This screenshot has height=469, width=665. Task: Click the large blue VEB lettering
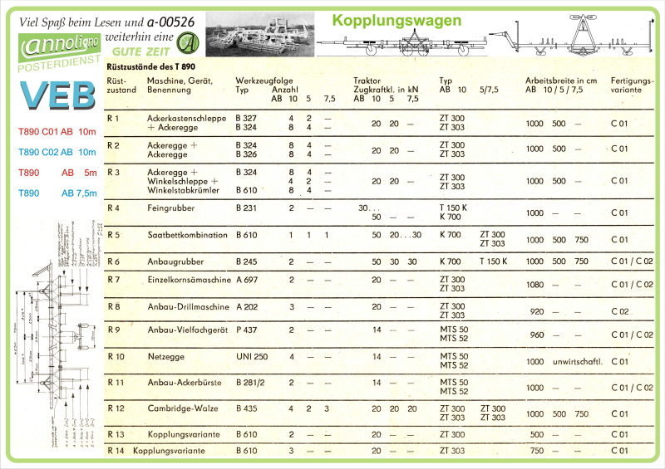(57, 95)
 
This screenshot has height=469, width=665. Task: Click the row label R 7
(114, 280)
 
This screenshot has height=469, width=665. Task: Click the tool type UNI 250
(251, 356)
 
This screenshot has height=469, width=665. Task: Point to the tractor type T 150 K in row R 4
(453, 208)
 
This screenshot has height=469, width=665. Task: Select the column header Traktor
(367, 81)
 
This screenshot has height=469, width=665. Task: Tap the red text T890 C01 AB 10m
(57, 132)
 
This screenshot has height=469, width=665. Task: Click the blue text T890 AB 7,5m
(57, 193)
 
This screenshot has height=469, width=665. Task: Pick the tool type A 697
(246, 280)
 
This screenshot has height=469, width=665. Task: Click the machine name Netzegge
(165, 356)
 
